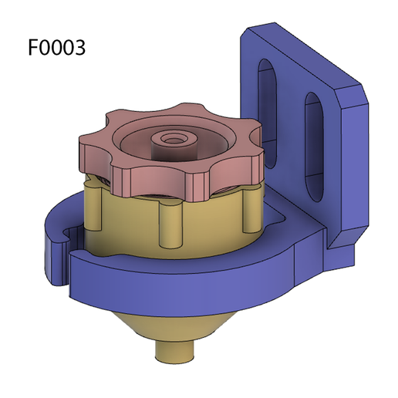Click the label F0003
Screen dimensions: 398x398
coord(56,47)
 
